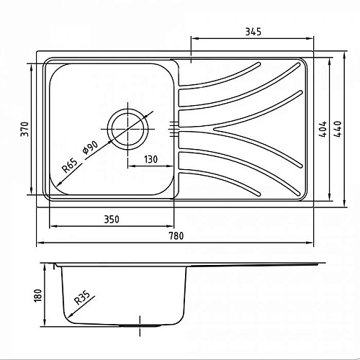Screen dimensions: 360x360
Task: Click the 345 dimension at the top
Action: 252,31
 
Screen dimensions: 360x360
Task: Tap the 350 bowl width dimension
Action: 111,218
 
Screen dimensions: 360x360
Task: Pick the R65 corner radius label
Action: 69,167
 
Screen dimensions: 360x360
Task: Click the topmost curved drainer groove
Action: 216,79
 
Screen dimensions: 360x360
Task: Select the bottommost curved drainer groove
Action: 216,180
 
